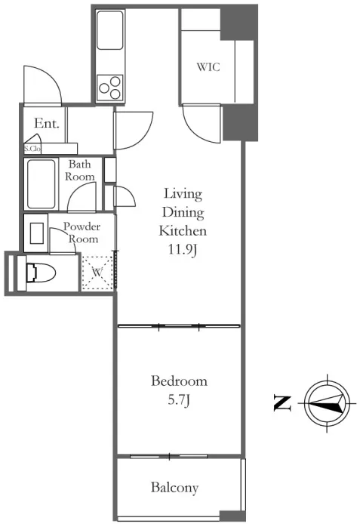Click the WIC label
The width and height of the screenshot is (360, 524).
(x=208, y=67)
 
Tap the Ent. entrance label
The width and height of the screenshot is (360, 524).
(x=47, y=123)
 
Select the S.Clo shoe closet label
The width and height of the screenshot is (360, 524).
(x=32, y=149)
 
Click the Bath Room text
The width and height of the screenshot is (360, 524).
(x=79, y=170)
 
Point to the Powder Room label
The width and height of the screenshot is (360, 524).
(x=82, y=233)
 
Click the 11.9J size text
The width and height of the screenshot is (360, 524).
(x=182, y=250)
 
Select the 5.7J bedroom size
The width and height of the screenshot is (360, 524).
(x=179, y=399)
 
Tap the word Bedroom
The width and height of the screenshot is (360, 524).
(x=179, y=381)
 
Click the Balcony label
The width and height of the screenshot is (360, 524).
(x=174, y=488)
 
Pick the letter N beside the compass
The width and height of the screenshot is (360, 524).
(x=282, y=403)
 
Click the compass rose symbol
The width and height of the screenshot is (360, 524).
(x=328, y=403)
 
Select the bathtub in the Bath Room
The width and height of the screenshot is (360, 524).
(x=42, y=184)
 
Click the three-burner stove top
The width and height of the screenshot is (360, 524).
(x=110, y=88)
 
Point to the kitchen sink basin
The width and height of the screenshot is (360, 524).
(x=110, y=30)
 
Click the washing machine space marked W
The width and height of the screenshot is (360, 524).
(x=97, y=272)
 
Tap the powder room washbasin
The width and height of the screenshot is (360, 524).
(x=36, y=233)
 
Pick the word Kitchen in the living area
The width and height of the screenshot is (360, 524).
(x=183, y=230)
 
